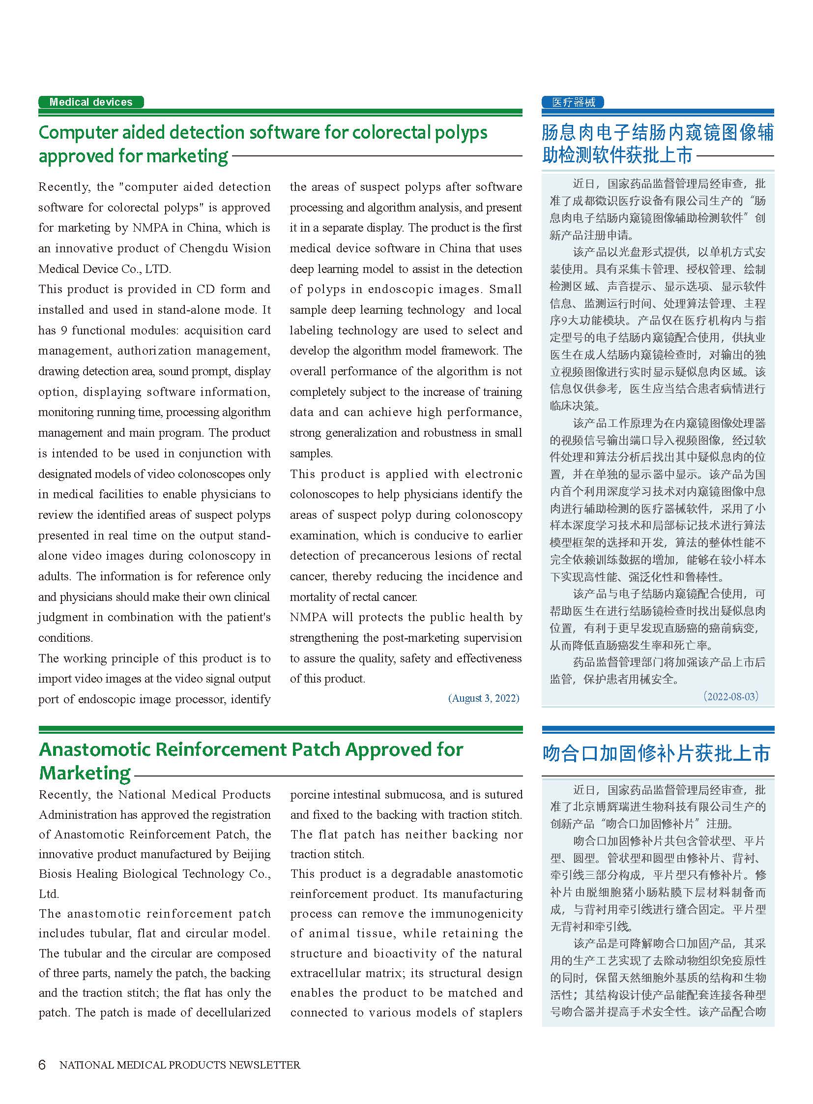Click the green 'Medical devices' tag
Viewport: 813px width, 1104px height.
[x=91, y=102]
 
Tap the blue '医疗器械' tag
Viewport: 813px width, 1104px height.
[x=573, y=102]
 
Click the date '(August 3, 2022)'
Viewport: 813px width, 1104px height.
[x=483, y=698]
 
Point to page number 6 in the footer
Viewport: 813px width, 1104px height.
[x=42, y=1065]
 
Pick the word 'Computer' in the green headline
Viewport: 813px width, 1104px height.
[x=77, y=133]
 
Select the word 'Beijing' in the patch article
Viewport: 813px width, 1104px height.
[x=252, y=854]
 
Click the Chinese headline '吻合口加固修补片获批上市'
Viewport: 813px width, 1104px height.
[x=657, y=754]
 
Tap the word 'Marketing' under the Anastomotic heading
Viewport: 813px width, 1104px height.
[x=85, y=773]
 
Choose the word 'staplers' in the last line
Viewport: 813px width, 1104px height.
[x=501, y=1013]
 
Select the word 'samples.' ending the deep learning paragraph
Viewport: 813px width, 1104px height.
[x=311, y=453]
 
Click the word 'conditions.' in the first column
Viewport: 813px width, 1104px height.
[x=66, y=638]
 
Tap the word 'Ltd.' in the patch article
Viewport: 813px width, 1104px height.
[x=49, y=894]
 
